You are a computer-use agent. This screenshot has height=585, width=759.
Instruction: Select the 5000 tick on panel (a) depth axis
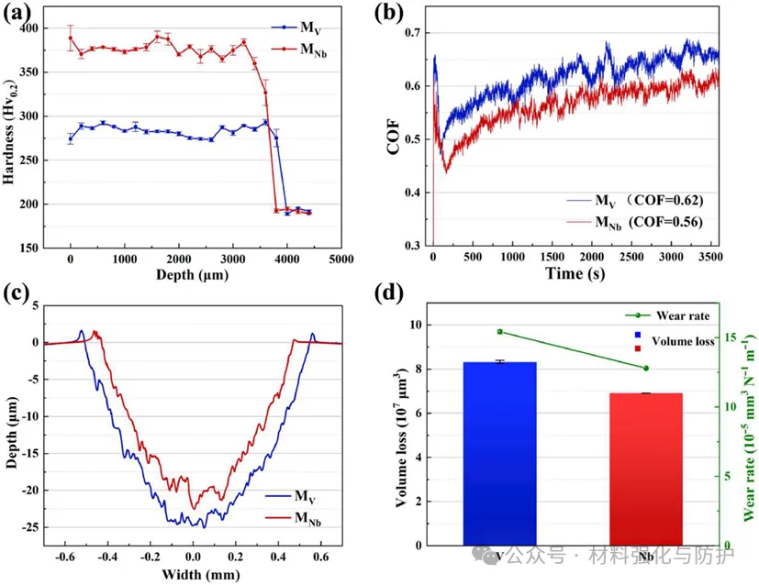point(341,259)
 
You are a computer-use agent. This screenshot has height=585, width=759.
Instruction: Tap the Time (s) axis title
point(569,274)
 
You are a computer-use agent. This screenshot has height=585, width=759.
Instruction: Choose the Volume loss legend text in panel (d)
point(683,341)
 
